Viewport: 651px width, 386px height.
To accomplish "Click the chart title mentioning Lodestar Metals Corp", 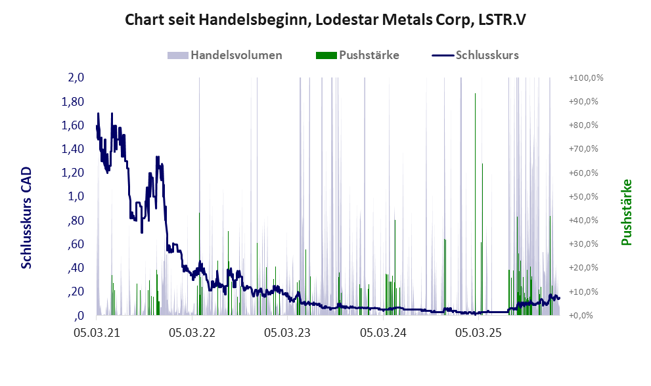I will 326,20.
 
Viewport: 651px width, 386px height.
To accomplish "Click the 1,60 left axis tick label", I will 72,125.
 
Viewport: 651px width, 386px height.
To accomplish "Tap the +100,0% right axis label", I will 586,77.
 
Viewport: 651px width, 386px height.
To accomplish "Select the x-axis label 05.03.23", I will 289,333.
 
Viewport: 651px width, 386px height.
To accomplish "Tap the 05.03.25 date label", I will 480,333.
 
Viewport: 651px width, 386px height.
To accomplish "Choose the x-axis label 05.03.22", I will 193,333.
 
